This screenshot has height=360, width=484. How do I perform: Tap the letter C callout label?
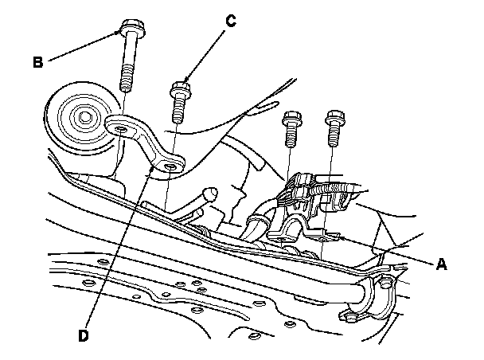(230, 22)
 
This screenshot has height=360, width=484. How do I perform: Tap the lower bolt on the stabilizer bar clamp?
(348, 317)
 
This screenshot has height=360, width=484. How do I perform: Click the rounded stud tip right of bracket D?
(213, 191)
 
